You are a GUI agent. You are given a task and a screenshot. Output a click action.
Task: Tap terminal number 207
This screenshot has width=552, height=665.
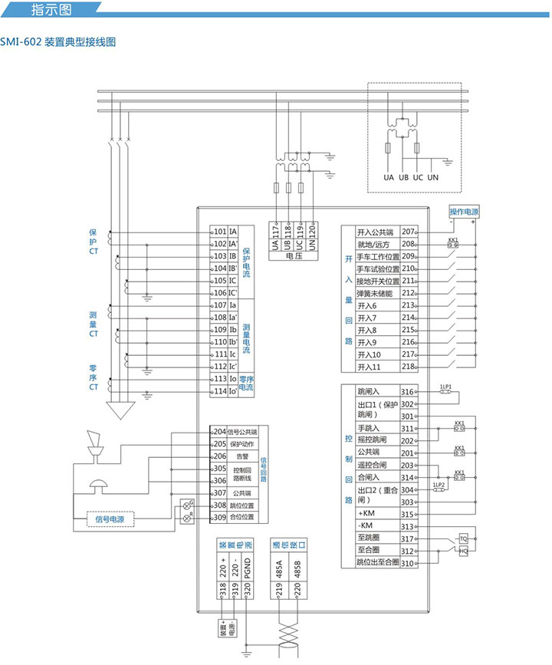408,232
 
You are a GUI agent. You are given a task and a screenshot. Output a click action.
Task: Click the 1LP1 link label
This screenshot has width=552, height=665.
445,386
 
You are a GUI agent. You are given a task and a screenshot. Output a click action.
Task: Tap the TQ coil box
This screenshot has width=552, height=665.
464,538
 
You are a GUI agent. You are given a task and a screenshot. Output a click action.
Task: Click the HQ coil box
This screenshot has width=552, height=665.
464,551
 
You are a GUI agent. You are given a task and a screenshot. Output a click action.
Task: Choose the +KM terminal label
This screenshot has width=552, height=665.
366,514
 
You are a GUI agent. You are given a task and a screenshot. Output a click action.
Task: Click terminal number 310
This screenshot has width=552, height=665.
408,563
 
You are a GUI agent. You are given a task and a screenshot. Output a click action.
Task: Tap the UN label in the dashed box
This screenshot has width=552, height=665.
433,178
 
